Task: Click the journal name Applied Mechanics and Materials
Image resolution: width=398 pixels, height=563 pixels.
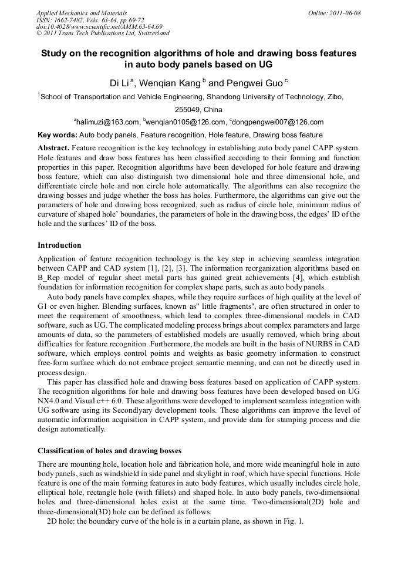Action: click(82, 13)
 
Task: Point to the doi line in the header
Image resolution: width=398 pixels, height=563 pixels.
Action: click(99, 27)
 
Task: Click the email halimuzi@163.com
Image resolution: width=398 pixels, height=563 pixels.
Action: click(107, 122)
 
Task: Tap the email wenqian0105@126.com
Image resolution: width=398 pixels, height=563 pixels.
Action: click(187, 122)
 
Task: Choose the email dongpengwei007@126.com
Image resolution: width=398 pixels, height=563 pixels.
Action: click(278, 122)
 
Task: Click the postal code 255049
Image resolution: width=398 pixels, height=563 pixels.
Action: click(185, 109)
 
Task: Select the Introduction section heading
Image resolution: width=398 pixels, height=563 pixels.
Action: click(59, 245)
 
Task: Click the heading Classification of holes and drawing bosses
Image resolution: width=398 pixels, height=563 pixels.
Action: click(109, 451)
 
